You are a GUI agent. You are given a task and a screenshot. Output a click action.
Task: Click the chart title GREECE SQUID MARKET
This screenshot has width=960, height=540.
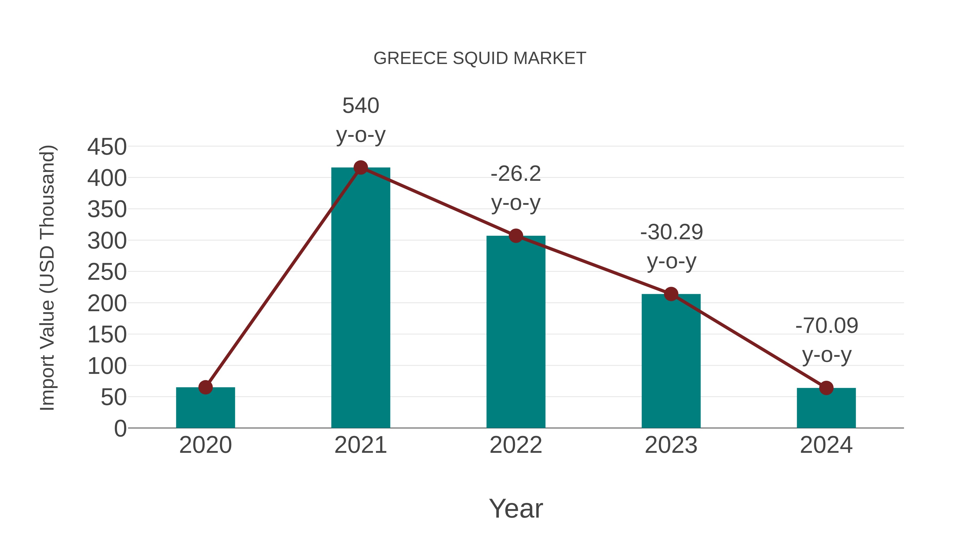point(480,58)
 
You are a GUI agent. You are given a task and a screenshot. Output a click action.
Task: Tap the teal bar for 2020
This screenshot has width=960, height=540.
point(205,408)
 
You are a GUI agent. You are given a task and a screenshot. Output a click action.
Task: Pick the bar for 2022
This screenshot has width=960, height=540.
point(516,332)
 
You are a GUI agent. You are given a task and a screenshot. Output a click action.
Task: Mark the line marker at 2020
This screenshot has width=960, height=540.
point(205,387)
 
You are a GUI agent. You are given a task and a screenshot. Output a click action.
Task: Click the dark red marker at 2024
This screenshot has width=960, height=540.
point(826,388)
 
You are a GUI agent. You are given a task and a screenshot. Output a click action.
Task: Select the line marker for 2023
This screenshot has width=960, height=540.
point(671,294)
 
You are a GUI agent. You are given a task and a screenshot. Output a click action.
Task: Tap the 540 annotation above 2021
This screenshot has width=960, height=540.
point(361,106)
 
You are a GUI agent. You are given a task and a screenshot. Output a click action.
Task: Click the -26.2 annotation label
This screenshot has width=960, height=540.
point(516,174)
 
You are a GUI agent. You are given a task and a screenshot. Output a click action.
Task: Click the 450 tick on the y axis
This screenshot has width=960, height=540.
point(107,147)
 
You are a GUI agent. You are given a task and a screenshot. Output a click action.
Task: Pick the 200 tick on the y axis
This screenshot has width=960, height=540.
point(107,303)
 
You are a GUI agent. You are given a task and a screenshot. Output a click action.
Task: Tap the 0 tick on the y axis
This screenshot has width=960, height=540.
point(120,428)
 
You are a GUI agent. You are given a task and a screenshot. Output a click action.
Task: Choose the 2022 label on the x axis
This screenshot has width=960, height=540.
point(516,445)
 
